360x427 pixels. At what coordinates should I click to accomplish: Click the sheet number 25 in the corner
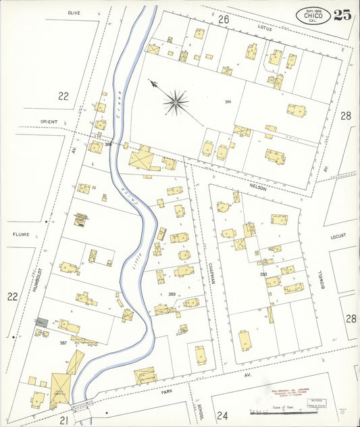coord(342,15)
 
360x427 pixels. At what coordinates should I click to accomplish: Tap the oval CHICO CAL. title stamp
coord(313,16)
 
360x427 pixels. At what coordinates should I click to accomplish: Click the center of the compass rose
coord(177,103)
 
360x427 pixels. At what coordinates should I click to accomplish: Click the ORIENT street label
coord(49,122)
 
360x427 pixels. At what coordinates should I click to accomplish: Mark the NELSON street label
coord(258,189)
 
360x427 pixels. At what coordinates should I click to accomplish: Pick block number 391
coord(228,101)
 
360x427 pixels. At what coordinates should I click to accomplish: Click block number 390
coord(263,274)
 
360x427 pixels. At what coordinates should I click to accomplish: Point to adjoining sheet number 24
coord(224,416)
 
